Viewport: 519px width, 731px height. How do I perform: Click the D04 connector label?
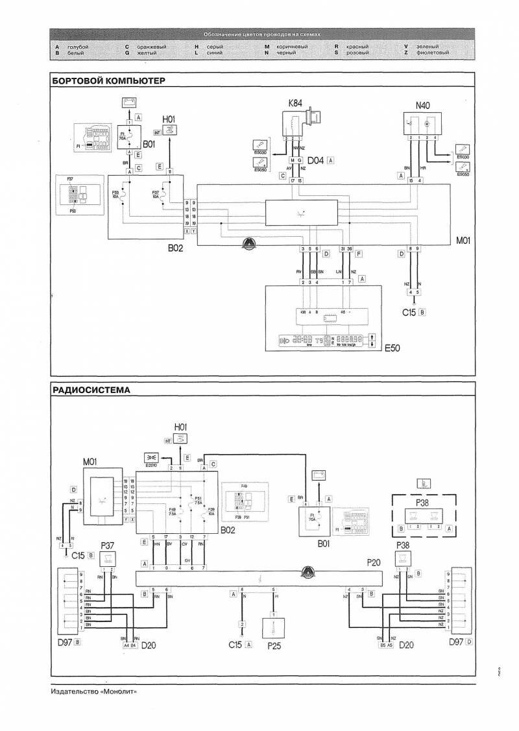click(x=317, y=159)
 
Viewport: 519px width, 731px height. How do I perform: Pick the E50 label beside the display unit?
click(x=392, y=348)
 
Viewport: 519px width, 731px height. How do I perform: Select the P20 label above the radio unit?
click(x=373, y=564)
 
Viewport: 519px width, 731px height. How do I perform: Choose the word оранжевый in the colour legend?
click(x=150, y=47)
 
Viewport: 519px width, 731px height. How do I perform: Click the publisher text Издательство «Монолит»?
click(x=93, y=691)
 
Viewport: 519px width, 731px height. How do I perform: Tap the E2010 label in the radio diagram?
click(x=153, y=464)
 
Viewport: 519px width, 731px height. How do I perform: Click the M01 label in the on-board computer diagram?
click(x=463, y=240)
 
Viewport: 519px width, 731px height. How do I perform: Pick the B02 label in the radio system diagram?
click(x=227, y=529)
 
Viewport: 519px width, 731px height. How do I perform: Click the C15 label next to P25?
click(x=235, y=645)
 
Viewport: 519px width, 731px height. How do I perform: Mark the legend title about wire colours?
click(x=262, y=35)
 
